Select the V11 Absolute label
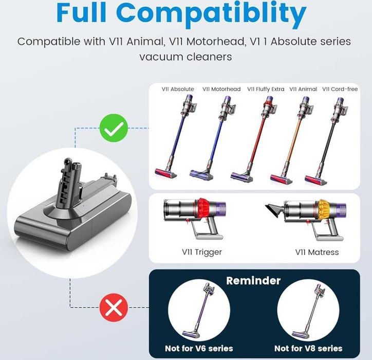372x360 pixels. point(177,89)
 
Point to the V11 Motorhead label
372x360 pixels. point(221,89)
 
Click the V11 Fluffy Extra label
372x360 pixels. point(266,89)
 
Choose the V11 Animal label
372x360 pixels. point(303,89)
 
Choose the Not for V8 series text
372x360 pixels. point(308,348)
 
